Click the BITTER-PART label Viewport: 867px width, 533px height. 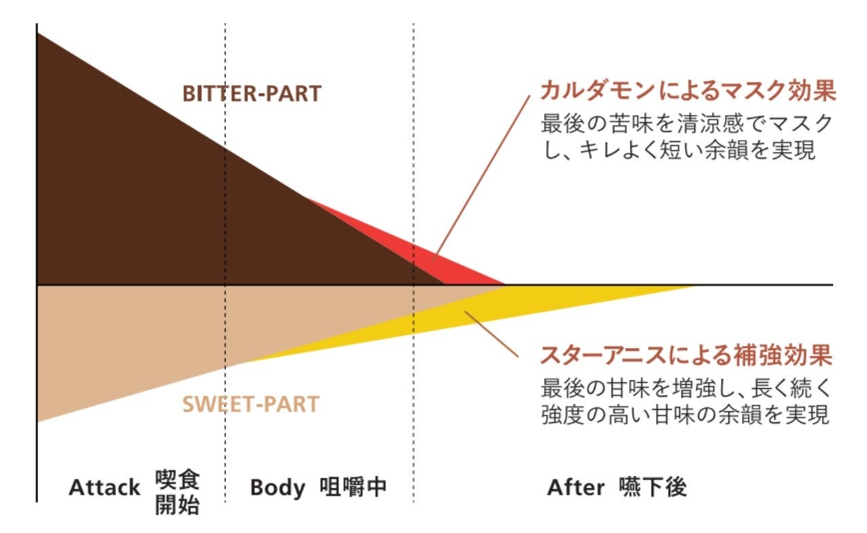251,94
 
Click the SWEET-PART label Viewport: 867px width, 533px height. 250,405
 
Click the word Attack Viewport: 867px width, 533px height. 105,487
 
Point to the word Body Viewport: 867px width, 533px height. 277,487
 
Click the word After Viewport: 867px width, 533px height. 576,487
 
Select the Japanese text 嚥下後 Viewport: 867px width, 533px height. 653,487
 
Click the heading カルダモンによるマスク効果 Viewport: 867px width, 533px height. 686,91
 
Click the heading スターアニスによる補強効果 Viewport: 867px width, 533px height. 686,356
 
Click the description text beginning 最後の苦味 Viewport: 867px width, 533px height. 686,137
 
